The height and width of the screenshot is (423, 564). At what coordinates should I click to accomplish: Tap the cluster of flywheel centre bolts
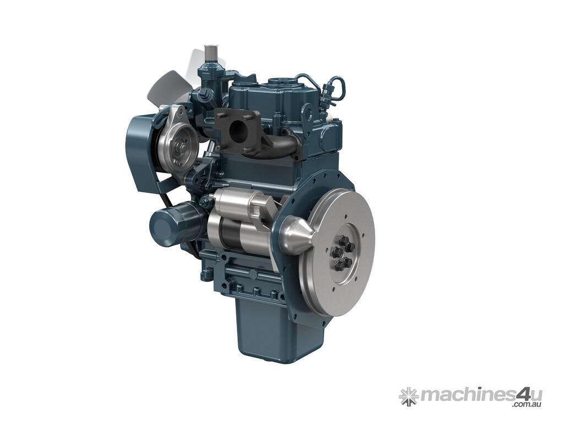tap(343, 253)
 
